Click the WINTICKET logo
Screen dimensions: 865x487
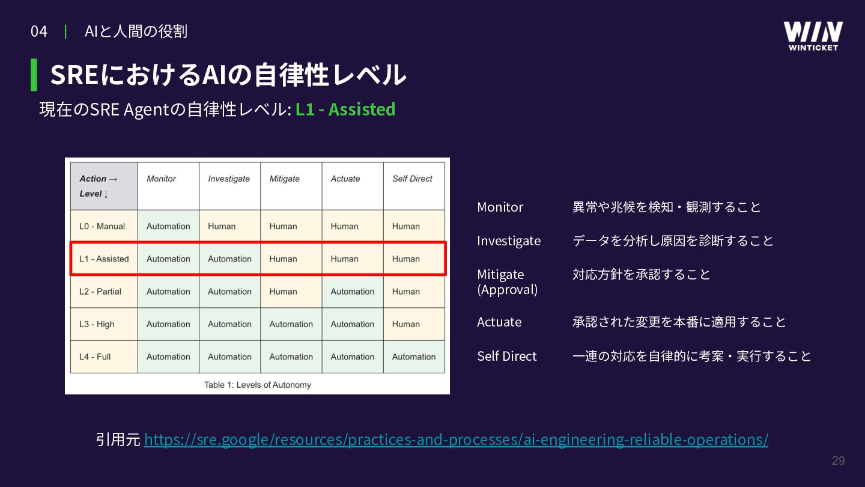[813, 36]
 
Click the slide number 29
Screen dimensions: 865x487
[839, 461]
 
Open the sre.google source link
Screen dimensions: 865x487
[456, 440]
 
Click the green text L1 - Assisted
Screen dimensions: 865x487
[345, 109]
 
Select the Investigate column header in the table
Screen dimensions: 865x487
[229, 179]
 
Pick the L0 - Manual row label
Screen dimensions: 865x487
[102, 226]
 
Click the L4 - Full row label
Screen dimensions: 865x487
[95, 357]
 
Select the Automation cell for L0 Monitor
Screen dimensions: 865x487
[168, 226]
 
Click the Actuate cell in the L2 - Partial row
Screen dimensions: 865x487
[353, 292]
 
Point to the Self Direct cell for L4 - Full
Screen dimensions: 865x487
[413, 357]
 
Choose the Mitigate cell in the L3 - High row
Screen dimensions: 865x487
[291, 324]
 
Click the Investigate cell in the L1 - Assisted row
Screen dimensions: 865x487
[229, 259]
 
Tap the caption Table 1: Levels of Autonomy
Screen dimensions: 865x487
[258, 385]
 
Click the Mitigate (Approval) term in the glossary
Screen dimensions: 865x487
[508, 282]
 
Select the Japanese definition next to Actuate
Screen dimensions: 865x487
[679, 322]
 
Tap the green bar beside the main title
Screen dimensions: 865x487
[34, 75]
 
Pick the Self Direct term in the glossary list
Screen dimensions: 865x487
[506, 356]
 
